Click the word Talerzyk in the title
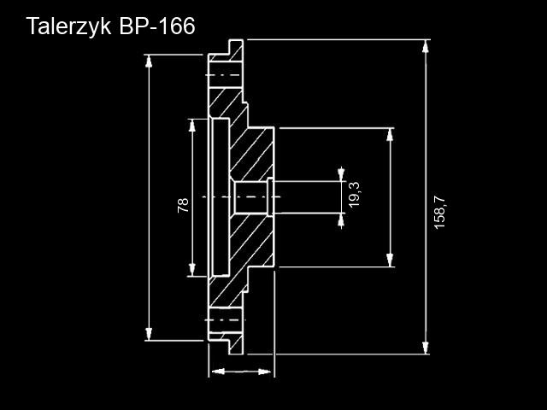pos(66,26)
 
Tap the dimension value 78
pos(183,205)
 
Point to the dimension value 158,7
pos(439,212)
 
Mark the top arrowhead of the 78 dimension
pos(192,125)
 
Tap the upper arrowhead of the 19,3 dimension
pos(342,174)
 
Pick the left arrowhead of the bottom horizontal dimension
pos(215,372)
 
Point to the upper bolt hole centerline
pos(224,75)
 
